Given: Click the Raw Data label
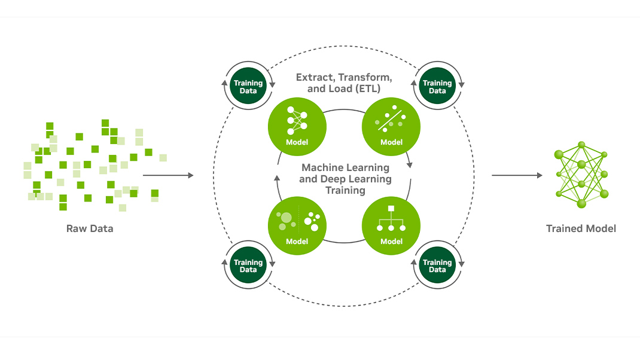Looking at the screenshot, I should pyautogui.click(x=90, y=228).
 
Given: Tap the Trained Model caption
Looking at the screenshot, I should pyautogui.click(x=581, y=228).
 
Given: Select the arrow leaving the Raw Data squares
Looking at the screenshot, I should pyautogui.click(x=168, y=175).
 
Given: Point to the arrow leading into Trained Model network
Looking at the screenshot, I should pyautogui.click(x=517, y=175).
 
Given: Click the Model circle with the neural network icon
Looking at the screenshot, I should pyautogui.click(x=297, y=126).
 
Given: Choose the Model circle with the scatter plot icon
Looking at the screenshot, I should pyautogui.click(x=391, y=126).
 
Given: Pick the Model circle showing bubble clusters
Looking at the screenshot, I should pyautogui.click(x=297, y=225).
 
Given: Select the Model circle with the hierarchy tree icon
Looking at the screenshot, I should pyautogui.click(x=391, y=225).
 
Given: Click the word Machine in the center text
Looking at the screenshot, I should pyautogui.click(x=324, y=167).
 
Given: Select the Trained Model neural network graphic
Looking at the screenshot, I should pyautogui.click(x=581, y=175).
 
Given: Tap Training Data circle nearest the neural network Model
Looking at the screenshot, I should pyautogui.click(x=248, y=87).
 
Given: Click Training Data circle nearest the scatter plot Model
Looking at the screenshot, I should pyautogui.click(x=437, y=87).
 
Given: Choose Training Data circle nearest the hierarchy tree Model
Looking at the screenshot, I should pyautogui.click(x=437, y=266).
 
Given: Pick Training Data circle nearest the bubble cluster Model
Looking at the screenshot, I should pyautogui.click(x=248, y=266).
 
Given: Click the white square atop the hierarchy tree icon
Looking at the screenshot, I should pyautogui.click(x=391, y=209).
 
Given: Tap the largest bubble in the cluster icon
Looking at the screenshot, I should pyautogui.click(x=286, y=218).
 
